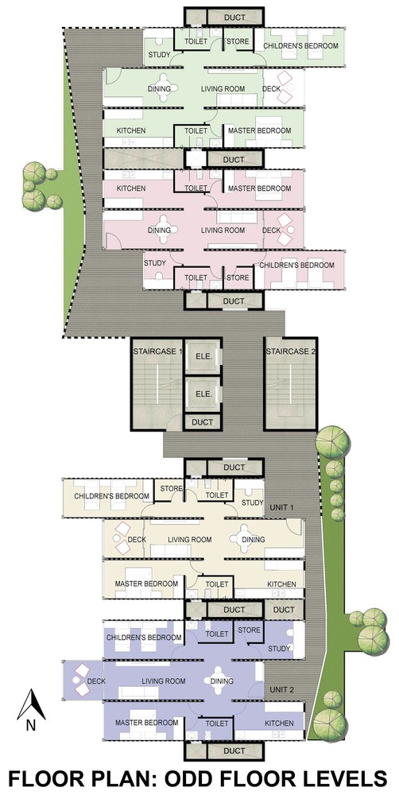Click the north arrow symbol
pos(32,704)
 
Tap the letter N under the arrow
pos(31,726)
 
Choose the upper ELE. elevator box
pos(203,356)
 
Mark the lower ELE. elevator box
pos(203,394)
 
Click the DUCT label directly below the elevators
pos(203,422)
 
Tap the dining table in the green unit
pos(165,85)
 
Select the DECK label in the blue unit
pos(96,681)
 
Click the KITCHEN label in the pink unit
pos(131,188)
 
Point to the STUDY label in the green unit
pos(158,55)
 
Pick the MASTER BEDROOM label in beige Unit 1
pos(146,584)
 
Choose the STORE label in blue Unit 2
pos(249,630)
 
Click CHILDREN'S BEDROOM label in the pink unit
pos(297,266)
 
